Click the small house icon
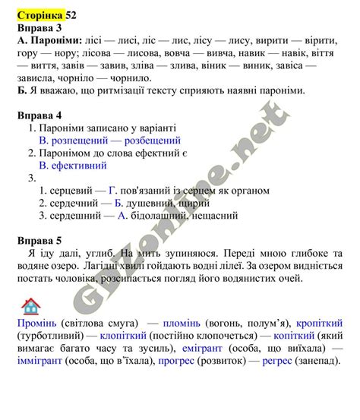[x=31, y=306]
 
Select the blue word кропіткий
[x=319, y=324]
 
